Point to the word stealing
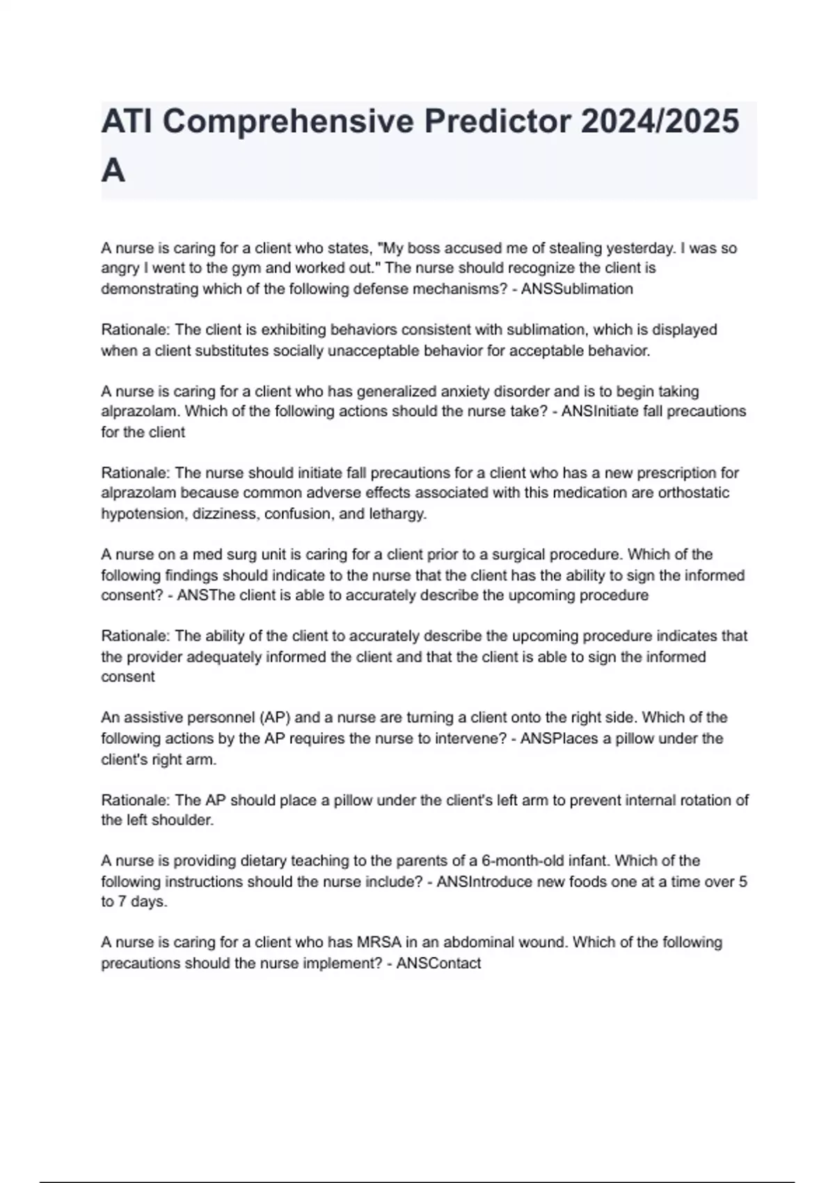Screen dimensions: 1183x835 (x=575, y=248)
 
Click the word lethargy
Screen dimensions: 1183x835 (x=399, y=514)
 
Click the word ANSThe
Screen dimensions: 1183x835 (x=200, y=596)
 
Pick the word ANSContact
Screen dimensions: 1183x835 (x=438, y=963)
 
